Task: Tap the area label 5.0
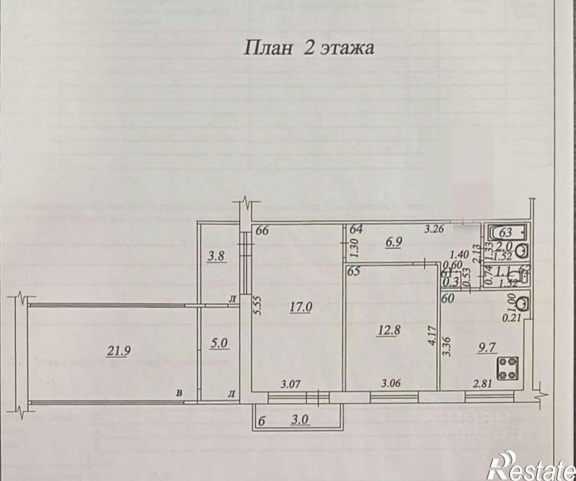pos(219,345)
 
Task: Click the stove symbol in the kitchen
pos(508,368)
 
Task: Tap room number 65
pos(354,272)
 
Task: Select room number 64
pos(355,231)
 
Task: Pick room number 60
pos(449,300)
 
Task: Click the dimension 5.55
pos(257,306)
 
